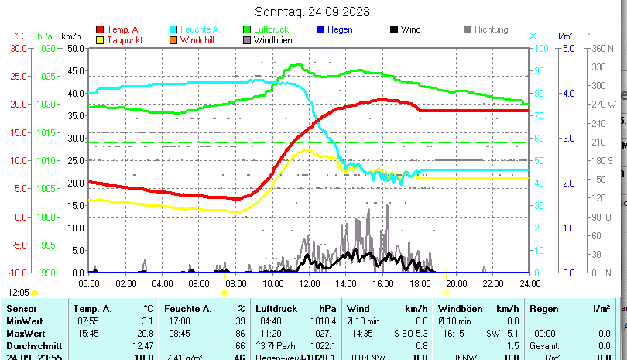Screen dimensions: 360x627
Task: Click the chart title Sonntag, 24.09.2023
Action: click(x=312, y=12)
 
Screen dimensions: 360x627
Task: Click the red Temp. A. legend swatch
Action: click(x=100, y=29)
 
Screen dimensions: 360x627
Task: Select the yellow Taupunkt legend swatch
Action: click(x=100, y=39)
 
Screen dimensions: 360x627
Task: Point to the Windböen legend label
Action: click(x=272, y=39)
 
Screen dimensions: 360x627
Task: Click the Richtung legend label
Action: click(x=491, y=29)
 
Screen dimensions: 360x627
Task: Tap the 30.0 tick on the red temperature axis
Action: click(x=19, y=48)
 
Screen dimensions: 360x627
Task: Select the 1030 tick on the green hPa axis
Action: click(x=46, y=48)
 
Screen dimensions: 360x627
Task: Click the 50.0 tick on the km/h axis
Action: click(x=76, y=48)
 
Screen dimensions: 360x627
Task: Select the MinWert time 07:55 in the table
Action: click(x=88, y=321)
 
